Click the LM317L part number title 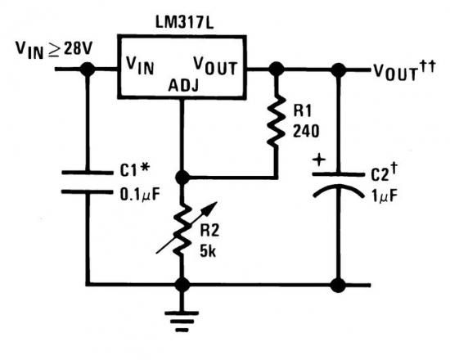[185, 22]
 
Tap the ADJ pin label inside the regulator [183, 85]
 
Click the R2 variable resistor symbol [183, 228]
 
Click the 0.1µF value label [140, 195]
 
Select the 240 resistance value [306, 131]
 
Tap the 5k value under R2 [208, 251]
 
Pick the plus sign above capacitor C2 [319, 160]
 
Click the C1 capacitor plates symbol [88, 182]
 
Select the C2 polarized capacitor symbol [339, 186]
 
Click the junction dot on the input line [88, 70]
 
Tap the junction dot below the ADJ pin [182, 178]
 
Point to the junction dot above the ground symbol [182, 285]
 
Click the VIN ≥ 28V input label [54, 50]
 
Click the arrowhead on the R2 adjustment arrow [212, 206]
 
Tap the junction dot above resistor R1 [277, 70]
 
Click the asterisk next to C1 [145, 168]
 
